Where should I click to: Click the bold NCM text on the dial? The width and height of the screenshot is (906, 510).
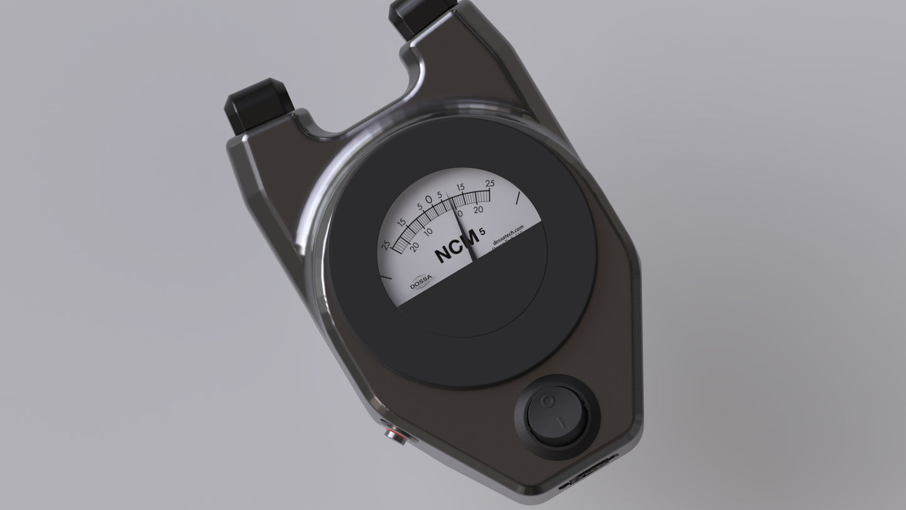pos(456,250)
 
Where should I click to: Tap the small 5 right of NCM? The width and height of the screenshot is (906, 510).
pos(482,232)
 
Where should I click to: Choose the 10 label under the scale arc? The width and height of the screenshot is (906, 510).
pos(428,231)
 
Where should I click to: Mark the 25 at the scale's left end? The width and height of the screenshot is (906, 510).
pos(386,245)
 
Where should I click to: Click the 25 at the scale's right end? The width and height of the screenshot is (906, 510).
pos(490,183)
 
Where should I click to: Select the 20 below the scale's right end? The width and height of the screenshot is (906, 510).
pos(478,210)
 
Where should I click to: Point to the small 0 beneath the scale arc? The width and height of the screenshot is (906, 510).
pos(460,214)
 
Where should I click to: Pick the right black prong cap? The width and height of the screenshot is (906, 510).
pos(421,14)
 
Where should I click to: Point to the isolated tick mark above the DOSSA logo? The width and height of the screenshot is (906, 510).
pos(386,275)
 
